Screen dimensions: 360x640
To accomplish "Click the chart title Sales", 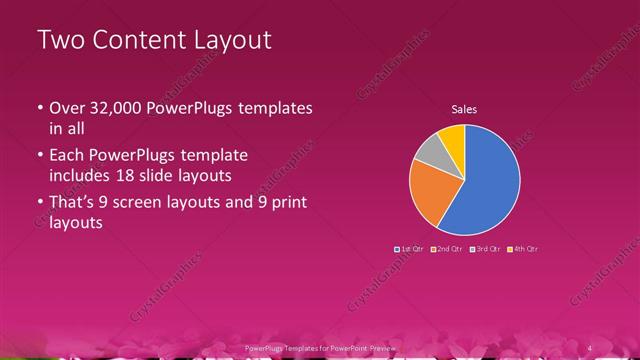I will coord(464,109).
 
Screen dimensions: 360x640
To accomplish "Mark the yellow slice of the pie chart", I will coord(452,135).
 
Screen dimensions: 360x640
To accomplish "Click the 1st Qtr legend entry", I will coord(410,248).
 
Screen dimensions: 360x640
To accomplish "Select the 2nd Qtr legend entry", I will coord(446,248).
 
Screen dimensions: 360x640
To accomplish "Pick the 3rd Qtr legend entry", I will coord(484,248).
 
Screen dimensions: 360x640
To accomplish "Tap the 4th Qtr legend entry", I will coord(522,248).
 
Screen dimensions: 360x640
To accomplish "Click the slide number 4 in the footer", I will coord(590,347).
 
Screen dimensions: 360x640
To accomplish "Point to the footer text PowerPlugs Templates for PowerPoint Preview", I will coord(320,347).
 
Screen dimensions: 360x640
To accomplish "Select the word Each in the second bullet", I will coord(68,156).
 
